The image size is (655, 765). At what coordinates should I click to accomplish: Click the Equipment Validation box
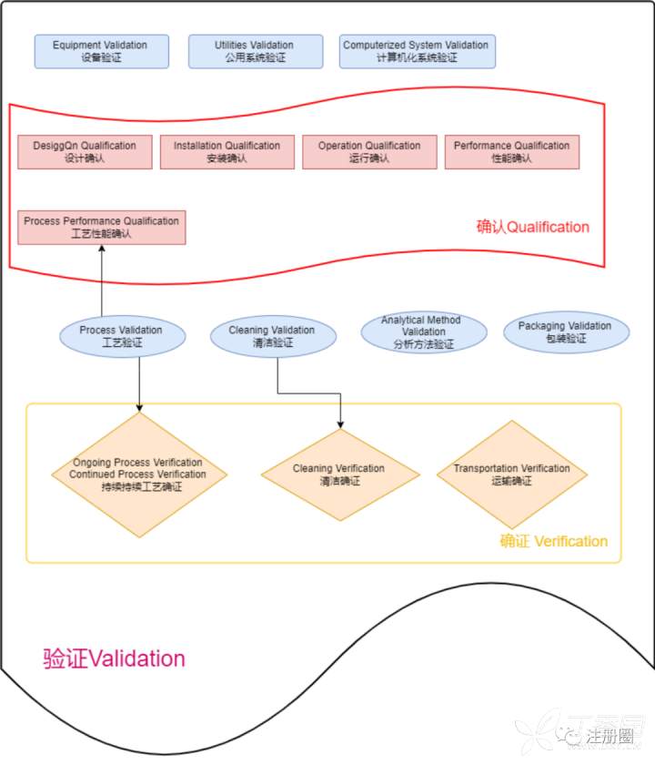point(100,51)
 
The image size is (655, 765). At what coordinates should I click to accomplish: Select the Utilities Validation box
point(255,51)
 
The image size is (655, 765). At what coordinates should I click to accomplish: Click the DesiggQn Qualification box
point(85,152)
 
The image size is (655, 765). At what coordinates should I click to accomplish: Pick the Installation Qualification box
point(227,152)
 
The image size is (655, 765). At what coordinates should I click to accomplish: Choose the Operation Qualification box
point(369,152)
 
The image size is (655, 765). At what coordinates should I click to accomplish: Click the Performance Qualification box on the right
point(511,152)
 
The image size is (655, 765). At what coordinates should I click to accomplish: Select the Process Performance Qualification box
point(101,228)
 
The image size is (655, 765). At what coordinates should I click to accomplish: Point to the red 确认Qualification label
point(532,227)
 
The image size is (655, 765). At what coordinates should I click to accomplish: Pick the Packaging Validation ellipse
point(565,332)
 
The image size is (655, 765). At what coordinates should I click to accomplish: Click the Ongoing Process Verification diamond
point(138,474)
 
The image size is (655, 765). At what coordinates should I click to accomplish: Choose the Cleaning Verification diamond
point(339,474)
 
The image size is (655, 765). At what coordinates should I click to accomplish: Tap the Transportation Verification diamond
point(512,474)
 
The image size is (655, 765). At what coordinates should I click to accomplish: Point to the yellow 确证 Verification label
point(553,541)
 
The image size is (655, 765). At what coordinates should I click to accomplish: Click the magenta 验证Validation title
point(114,658)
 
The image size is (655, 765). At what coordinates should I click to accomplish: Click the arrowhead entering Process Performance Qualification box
point(102,250)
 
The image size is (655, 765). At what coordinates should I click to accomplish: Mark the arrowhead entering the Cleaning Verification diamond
point(340,424)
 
